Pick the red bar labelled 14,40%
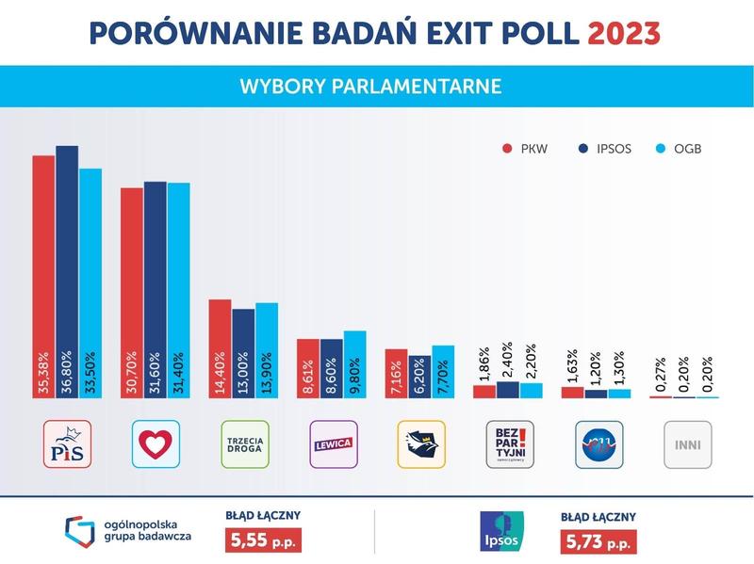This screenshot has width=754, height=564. [x=220, y=348]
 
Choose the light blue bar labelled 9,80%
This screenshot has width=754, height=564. [x=354, y=364]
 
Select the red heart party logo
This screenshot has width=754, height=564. [x=156, y=444]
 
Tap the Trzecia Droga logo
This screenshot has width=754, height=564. [x=244, y=444]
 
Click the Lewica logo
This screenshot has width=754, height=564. [x=333, y=444]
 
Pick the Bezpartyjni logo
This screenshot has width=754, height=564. [x=509, y=444]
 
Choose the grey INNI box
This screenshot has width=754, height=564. [x=687, y=444]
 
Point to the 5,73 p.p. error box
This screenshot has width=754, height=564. [x=597, y=541]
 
